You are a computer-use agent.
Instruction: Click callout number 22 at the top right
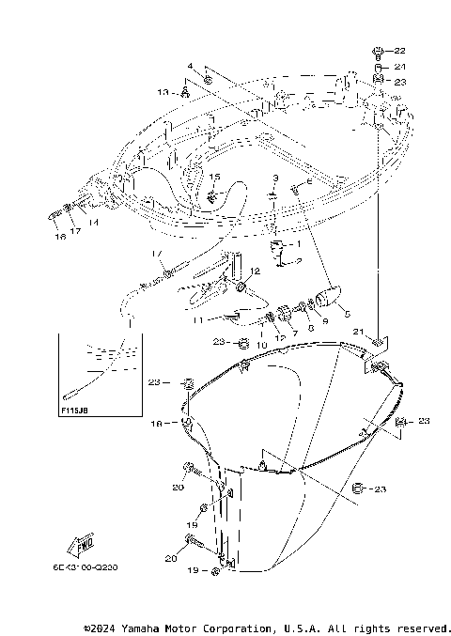tap(398, 51)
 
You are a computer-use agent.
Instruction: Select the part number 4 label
tap(189, 67)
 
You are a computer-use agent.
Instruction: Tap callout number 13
tap(163, 92)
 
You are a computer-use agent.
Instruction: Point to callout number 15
tap(214, 177)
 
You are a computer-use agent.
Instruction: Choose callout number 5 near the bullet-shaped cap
tap(347, 313)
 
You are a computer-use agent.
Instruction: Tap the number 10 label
tap(262, 345)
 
